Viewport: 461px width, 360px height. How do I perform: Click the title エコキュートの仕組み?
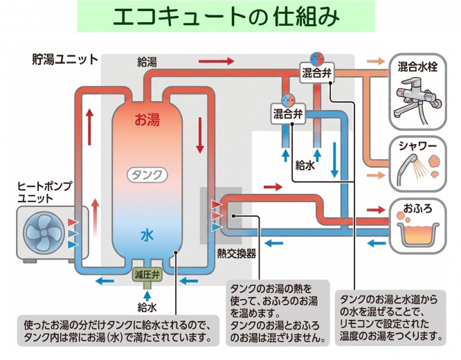point(226,17)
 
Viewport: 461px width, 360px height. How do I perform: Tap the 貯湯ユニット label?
point(65,59)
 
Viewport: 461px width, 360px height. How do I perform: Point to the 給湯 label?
point(147,62)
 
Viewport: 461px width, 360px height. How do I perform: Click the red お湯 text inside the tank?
point(147,120)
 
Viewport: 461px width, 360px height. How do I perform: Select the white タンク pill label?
point(147,175)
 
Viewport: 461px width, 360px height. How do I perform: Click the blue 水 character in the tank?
point(147,235)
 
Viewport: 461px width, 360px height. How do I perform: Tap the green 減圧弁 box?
point(147,275)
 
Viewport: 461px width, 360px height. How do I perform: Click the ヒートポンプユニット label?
point(45,192)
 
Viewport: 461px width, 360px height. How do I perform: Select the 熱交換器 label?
point(236,253)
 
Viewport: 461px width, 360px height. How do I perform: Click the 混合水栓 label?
point(417,66)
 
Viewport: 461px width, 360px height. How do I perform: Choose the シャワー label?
point(417,145)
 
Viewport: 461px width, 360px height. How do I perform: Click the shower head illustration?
point(408,169)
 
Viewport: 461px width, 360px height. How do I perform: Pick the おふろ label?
point(417,208)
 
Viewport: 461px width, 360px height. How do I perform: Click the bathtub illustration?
point(417,235)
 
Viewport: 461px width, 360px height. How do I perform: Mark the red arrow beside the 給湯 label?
point(217,61)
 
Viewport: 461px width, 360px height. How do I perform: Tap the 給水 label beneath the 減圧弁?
point(147,307)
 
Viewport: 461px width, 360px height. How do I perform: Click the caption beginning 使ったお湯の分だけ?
point(118,331)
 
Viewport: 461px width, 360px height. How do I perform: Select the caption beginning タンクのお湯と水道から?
point(390,318)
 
